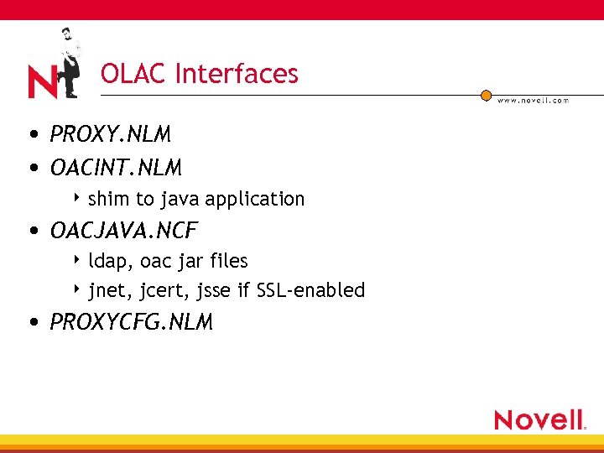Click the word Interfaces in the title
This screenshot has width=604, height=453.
pos(237,74)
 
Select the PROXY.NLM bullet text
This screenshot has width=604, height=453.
pos(111,134)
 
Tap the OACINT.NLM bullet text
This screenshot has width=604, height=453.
pos(116,169)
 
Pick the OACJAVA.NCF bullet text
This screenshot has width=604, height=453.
pos(124,229)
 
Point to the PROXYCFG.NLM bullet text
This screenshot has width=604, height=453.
pos(132,322)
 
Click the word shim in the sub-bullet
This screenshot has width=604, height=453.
pos(106,199)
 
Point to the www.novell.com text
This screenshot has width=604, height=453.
pos(533,100)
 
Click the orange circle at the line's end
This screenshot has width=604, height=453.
pos(486,96)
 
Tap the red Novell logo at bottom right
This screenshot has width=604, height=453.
pos(539,419)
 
